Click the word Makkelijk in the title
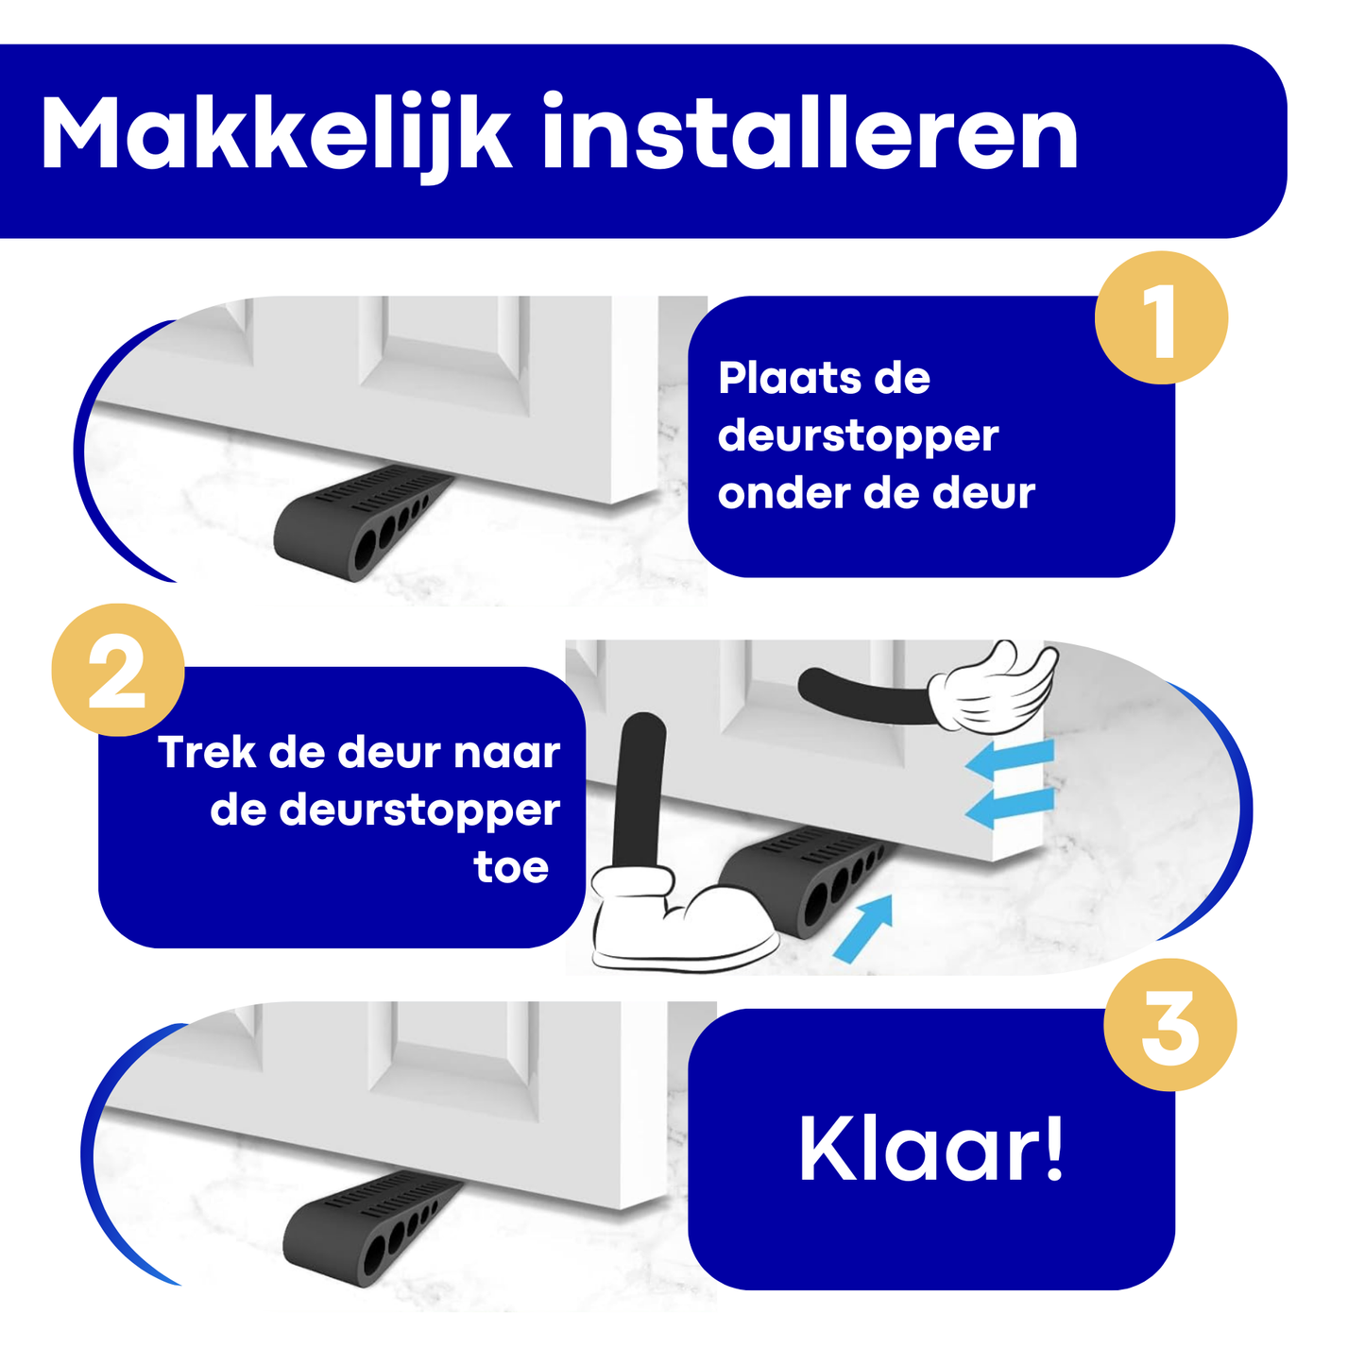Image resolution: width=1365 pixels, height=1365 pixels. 277,134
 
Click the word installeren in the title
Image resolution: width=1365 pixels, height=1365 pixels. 810,131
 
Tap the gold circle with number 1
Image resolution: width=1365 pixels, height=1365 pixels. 1161,318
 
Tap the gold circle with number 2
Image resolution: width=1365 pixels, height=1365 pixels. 118,670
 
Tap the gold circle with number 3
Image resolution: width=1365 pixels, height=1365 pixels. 1170,1025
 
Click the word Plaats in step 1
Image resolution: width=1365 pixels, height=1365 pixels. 789,378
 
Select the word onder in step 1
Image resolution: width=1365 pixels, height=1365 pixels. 782,494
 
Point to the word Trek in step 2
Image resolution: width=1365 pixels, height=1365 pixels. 207,752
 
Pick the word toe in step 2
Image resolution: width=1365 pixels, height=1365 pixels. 511,868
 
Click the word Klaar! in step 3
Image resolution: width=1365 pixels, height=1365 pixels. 930,1149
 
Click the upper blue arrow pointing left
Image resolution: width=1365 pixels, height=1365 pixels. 1010,760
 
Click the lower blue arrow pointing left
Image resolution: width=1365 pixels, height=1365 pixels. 1010,809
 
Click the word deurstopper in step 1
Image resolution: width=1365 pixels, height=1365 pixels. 858,437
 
